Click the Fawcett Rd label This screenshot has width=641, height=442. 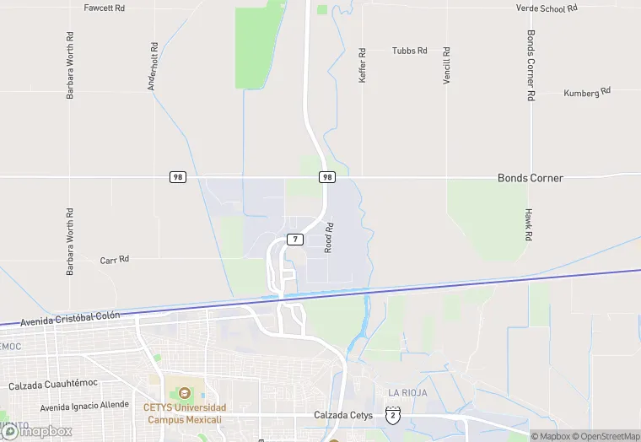(x=105, y=8)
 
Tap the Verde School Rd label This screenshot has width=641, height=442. (x=547, y=8)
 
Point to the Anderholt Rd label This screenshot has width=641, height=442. (x=154, y=67)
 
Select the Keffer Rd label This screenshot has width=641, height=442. (x=363, y=64)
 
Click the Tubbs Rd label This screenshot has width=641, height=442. (x=410, y=51)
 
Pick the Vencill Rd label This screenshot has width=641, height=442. (x=447, y=64)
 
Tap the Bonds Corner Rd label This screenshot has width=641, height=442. (x=531, y=67)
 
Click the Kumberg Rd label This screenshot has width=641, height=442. (x=587, y=92)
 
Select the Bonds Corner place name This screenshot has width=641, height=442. (x=530, y=178)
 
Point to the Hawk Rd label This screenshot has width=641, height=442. (x=528, y=225)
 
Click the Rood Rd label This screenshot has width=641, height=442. (x=331, y=238)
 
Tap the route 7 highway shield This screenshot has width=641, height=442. (x=294, y=240)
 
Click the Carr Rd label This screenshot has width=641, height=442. (x=114, y=260)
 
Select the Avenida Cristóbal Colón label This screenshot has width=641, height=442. (x=70, y=318)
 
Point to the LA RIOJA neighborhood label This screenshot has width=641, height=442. (x=407, y=393)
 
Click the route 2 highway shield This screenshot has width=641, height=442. (x=392, y=414)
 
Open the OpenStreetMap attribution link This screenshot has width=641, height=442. (x=606, y=436)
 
